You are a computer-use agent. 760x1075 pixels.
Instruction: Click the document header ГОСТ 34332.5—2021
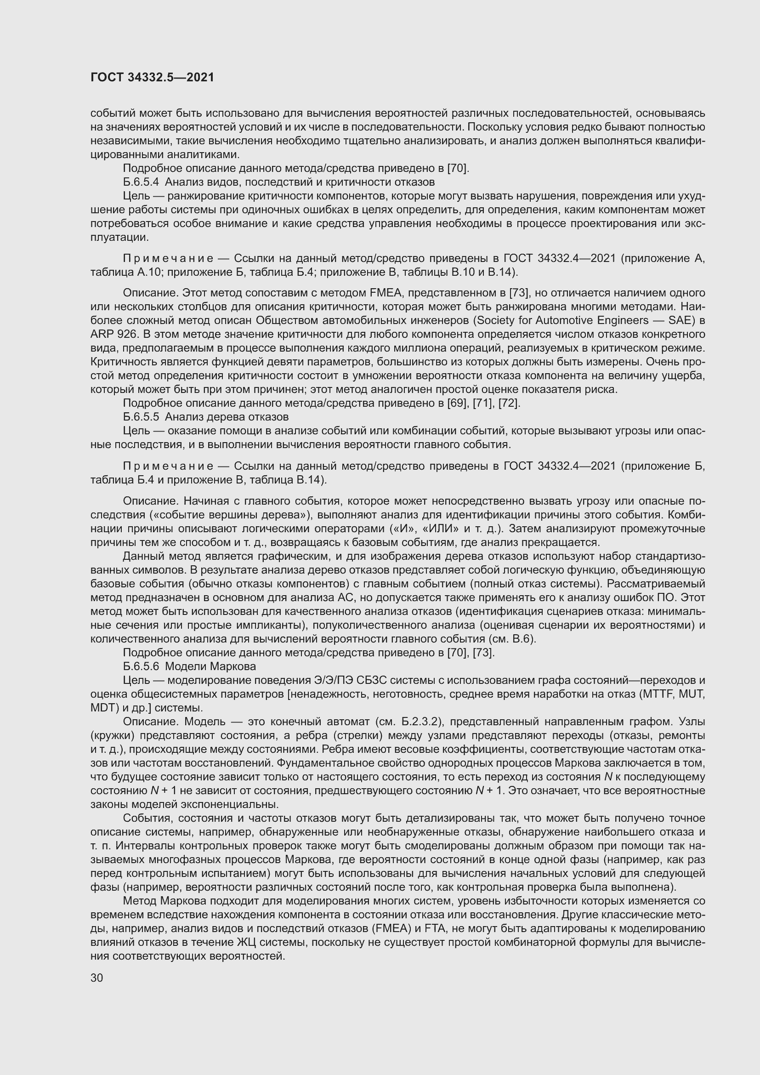point(152,78)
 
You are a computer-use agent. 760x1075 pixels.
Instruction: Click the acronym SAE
point(684,321)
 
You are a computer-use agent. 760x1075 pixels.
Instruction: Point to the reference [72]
point(510,403)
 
